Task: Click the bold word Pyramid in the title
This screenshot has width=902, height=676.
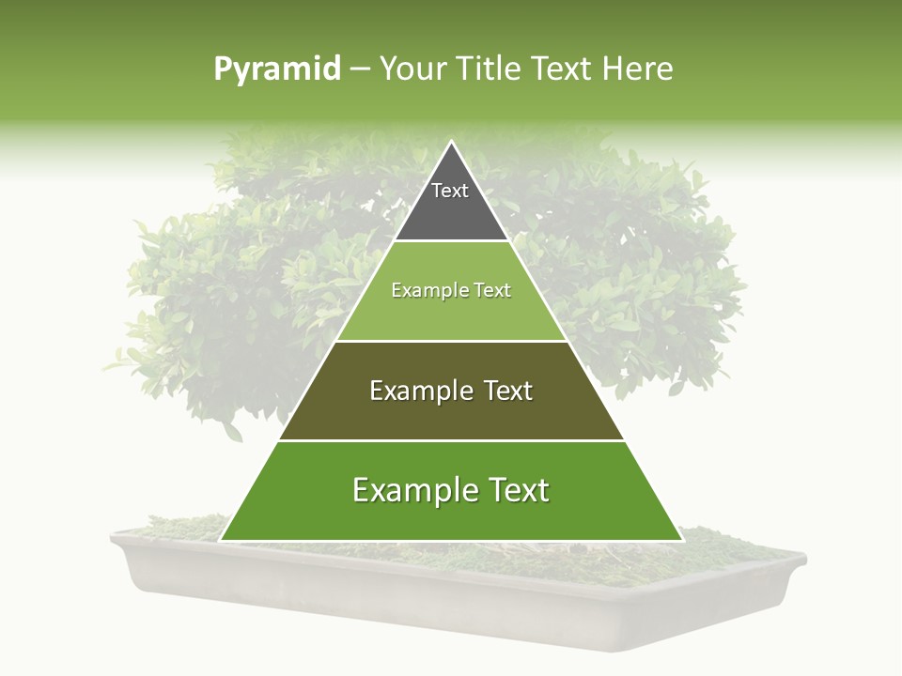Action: click(277, 69)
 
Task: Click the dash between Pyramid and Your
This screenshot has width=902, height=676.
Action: click(360, 69)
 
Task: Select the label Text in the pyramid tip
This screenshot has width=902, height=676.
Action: click(450, 191)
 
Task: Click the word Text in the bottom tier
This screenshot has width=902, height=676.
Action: click(514, 490)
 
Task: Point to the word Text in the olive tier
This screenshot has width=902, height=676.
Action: click(504, 391)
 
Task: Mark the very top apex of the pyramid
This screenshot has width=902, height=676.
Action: click(452, 142)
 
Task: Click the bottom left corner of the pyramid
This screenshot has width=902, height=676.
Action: click(221, 540)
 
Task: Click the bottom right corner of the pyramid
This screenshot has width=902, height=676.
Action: click(682, 540)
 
